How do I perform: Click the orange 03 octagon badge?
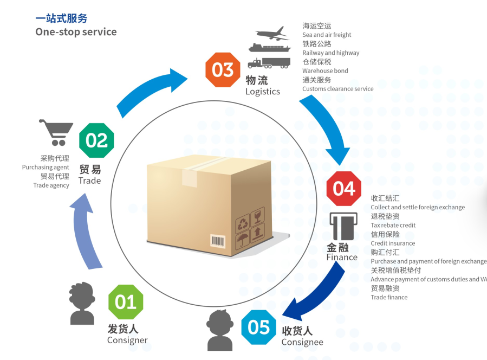pos(222,70)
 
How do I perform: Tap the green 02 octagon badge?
pos(96,140)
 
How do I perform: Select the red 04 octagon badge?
pos(343,189)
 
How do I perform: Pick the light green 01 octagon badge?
pos(126,301)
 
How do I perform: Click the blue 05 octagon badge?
pos(258,327)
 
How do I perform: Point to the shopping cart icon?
pos(56,132)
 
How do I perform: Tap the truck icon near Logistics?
pos(269,63)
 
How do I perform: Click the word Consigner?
pos(127,340)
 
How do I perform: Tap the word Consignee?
pos(302,342)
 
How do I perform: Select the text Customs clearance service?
pos(337,89)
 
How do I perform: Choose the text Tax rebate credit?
pos(393,225)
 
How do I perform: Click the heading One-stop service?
pos(76,31)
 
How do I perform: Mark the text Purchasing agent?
pos(46,168)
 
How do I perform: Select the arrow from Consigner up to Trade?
pos(86,233)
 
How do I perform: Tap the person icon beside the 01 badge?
pos(82,303)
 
